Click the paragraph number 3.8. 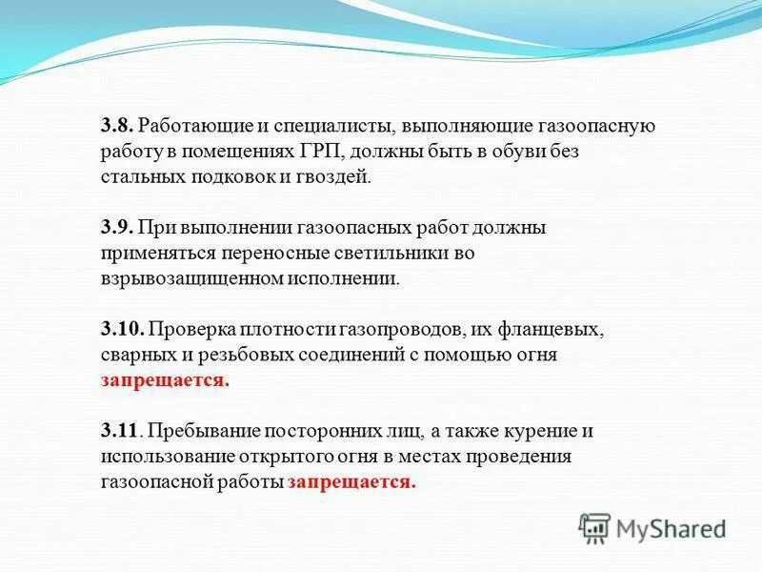pos(118,126)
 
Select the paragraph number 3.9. pos(118,228)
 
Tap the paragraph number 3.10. pos(122,329)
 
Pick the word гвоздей pos(334,177)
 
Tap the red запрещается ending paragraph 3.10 pos(165,380)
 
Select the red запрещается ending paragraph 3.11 pos(351,482)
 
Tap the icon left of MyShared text pos(594,527)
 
